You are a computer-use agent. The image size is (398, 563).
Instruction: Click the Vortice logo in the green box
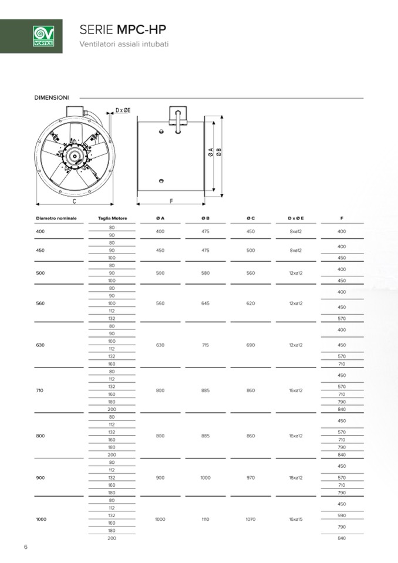(x=43, y=36)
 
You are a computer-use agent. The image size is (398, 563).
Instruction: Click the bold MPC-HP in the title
(x=141, y=29)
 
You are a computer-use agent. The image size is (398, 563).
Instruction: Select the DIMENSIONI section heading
(x=51, y=97)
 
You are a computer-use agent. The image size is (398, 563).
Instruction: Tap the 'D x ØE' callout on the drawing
(x=123, y=110)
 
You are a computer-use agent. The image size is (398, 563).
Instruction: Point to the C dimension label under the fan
(x=75, y=201)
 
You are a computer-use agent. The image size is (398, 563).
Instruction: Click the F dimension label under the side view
(x=171, y=201)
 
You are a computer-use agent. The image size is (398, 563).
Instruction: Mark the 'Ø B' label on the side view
(x=219, y=152)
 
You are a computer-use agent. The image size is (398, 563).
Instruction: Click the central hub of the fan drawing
(x=75, y=155)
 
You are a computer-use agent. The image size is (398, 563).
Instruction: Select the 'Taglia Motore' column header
(x=112, y=218)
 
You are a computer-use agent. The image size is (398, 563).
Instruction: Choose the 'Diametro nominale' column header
(x=56, y=218)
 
